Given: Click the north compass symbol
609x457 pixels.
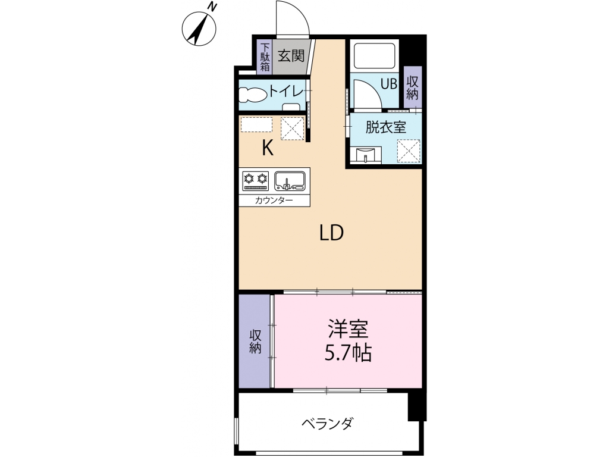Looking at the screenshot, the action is point(199,27).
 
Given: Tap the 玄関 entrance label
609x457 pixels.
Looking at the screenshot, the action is point(291,57).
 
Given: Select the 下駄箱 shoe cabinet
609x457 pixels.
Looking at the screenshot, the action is point(265,57).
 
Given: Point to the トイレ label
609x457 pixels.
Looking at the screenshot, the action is point(286,92).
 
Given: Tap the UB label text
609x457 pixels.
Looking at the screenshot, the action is point(388,84).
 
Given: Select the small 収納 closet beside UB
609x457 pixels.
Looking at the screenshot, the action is point(413,87).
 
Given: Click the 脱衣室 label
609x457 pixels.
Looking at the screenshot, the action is point(385,127).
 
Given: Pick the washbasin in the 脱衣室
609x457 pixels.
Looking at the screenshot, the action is point(366,155).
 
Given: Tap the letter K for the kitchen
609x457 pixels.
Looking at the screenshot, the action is point(267,148).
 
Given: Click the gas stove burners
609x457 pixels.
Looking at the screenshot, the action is point(256,181).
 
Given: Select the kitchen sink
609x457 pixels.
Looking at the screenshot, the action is point(290,181).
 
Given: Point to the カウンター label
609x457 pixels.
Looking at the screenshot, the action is point(274,201).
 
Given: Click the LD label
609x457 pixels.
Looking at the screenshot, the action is point(332,233).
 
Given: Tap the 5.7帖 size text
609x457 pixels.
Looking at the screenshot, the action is point(348,353).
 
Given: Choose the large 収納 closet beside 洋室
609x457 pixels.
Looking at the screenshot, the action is point(255,341).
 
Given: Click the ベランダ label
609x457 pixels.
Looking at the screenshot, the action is point(328,423).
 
